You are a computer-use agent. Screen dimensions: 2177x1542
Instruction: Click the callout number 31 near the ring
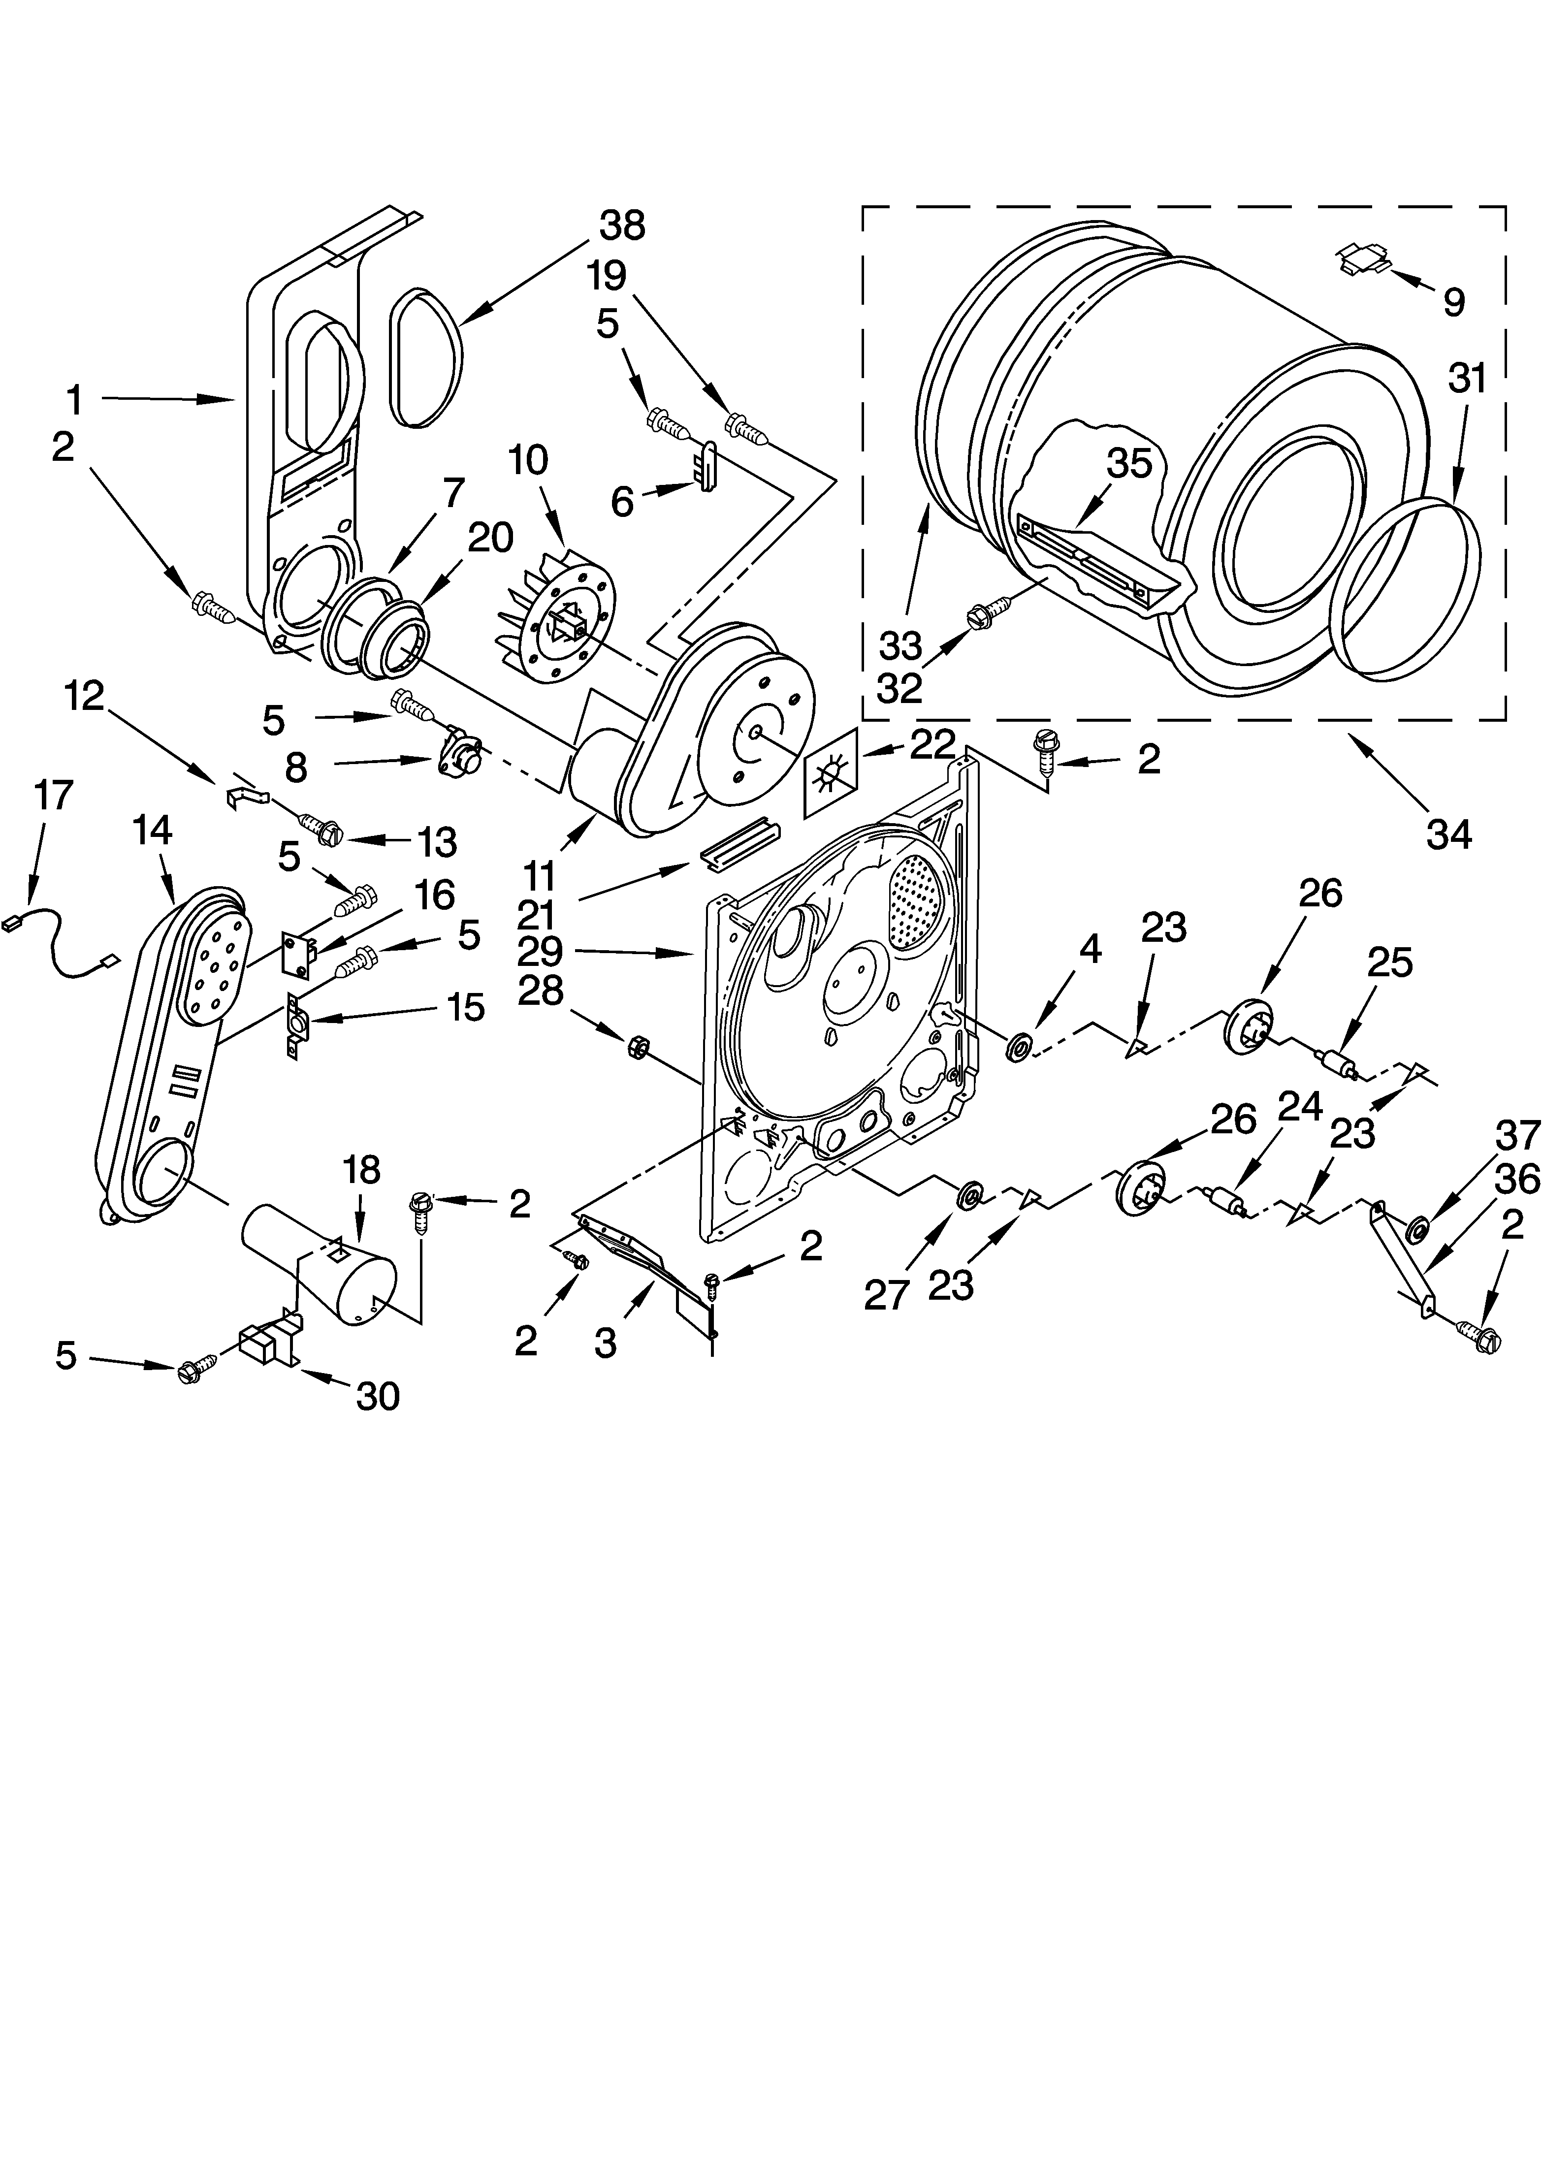[1467, 378]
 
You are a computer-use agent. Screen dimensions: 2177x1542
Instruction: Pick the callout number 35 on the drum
[1129, 463]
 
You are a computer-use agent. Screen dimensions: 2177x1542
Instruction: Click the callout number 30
[377, 1396]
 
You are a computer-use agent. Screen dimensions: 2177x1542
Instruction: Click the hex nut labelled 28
[637, 1047]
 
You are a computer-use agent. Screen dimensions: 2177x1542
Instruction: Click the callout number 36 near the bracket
[1516, 1180]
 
